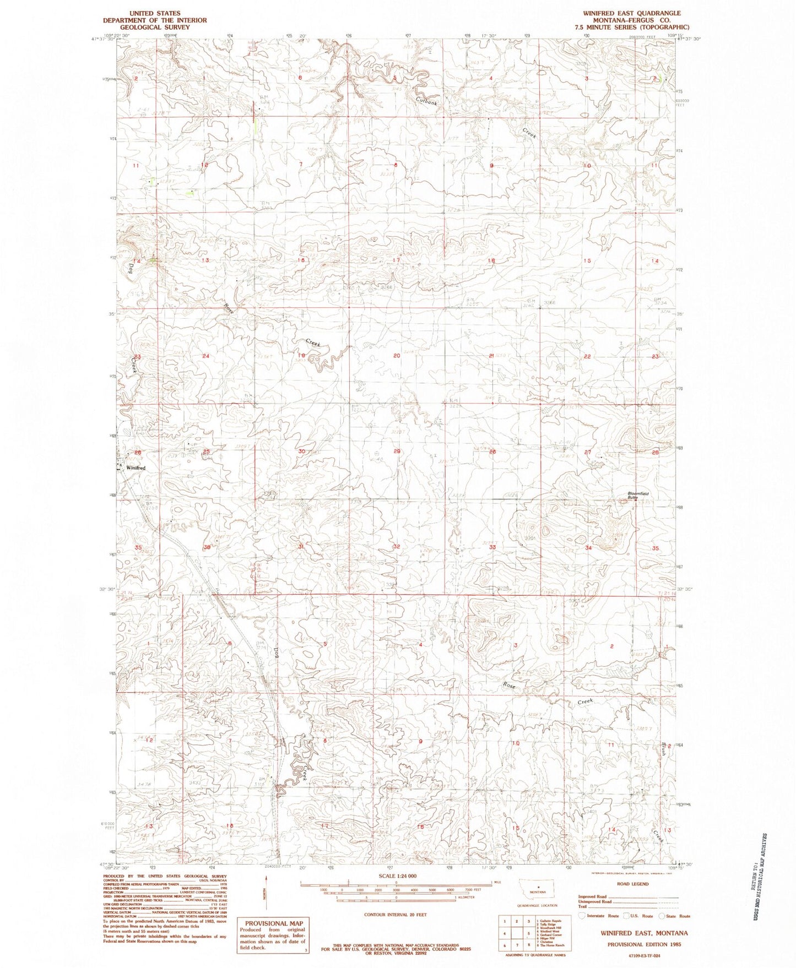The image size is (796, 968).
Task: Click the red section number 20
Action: (397, 356)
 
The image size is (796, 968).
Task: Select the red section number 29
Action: (397, 452)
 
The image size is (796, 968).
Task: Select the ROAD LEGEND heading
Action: (633, 884)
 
